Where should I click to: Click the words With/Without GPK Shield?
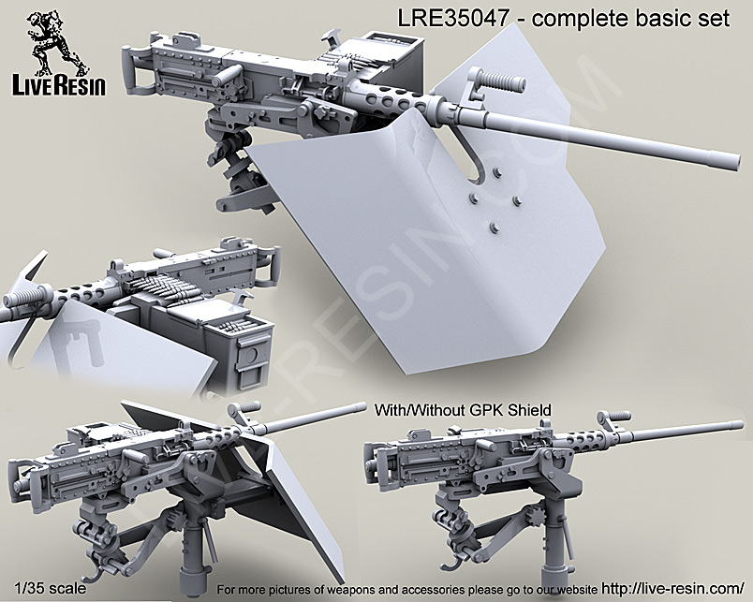(x=462, y=409)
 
